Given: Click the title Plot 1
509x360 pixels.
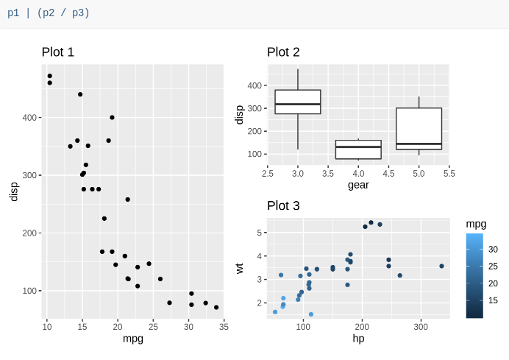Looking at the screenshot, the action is click(58, 52).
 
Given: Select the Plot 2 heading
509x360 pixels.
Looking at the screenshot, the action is click(283, 52).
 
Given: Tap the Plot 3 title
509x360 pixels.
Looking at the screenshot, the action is click(283, 205).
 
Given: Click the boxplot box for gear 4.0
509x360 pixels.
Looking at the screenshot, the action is click(358, 149).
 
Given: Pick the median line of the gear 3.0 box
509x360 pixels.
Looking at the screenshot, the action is click(298, 104).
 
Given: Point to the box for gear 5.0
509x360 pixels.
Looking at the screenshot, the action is click(419, 129).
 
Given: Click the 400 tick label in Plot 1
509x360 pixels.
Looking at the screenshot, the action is click(29, 118).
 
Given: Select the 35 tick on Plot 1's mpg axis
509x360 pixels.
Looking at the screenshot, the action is click(224, 327).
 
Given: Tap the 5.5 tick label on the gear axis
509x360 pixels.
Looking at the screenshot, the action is click(449, 174).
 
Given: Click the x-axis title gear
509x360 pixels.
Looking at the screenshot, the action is click(358, 185).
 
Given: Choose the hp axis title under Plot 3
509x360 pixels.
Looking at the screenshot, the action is click(358, 339).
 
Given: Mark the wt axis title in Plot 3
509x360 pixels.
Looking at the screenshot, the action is click(240, 269).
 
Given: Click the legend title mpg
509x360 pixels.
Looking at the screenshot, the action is click(476, 225).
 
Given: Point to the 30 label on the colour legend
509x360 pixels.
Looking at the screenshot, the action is click(493, 250).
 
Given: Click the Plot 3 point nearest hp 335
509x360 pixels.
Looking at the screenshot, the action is click(441, 266).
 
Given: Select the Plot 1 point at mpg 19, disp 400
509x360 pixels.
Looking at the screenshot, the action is click(112, 118).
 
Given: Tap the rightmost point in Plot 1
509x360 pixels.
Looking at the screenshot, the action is click(216, 308).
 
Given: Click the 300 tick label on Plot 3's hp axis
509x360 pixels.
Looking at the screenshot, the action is click(421, 327).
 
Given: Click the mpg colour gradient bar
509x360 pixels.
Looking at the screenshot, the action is click(474, 275).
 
